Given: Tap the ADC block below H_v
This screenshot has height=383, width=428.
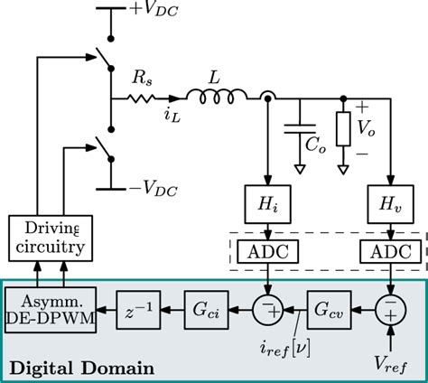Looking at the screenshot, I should click(391, 252).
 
